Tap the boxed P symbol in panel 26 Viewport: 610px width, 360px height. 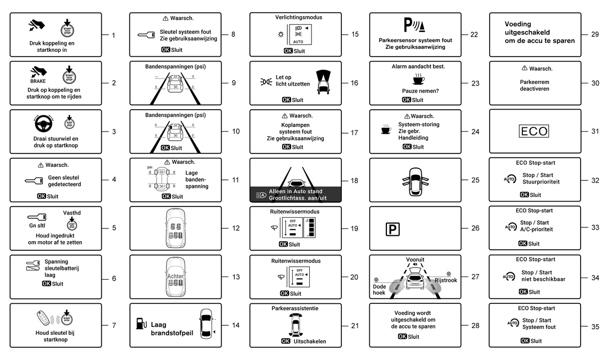(x=392, y=228)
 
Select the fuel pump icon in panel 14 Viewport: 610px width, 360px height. (x=141, y=323)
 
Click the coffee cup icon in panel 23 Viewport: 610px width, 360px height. (x=415, y=80)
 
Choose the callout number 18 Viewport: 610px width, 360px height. (x=354, y=181)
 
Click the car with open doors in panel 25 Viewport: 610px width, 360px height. (x=415, y=180)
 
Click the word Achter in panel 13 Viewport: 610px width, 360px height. (x=175, y=276)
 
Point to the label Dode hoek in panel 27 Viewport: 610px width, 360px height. (x=379, y=289)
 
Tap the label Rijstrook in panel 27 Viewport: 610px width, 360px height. (x=446, y=280)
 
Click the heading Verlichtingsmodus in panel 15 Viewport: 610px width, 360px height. (x=295, y=17)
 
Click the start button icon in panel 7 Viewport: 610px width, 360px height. (x=66, y=318)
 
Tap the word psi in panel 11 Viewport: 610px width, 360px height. (x=150, y=167)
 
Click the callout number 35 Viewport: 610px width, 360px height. (x=595, y=326)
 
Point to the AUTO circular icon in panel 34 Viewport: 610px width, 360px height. (x=509, y=276)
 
